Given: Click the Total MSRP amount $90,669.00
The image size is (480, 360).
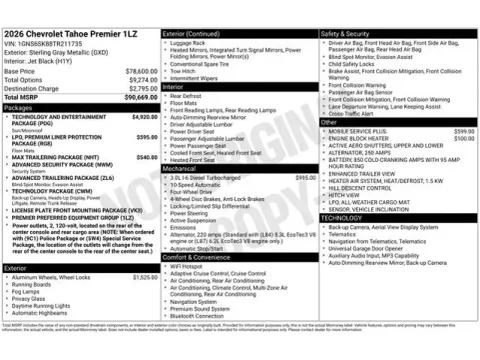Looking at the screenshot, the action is pyautogui.click(x=136, y=96).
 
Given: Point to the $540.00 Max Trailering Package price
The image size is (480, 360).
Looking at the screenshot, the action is pyautogui.click(x=146, y=157).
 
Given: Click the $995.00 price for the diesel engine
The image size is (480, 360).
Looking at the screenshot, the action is pyautogui.click(x=306, y=177).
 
